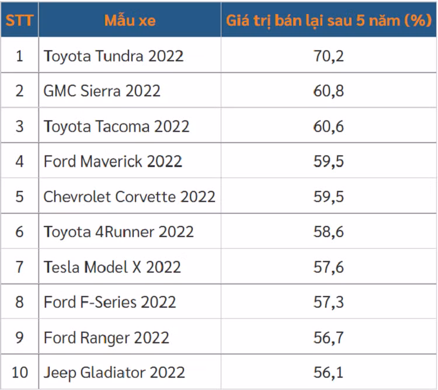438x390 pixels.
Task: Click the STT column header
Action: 19,21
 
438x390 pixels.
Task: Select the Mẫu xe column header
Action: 130,21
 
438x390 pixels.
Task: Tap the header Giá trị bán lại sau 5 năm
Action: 329,21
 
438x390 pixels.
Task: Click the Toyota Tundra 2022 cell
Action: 114,56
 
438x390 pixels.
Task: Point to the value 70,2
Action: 329,56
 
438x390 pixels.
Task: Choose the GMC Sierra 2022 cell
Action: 102,91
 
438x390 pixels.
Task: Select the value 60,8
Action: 329,91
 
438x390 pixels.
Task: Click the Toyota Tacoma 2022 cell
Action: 117,126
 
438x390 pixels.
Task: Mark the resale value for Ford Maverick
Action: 329,161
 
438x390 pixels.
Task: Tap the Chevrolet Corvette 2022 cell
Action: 130,197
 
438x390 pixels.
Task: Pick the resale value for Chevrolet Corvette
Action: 329,197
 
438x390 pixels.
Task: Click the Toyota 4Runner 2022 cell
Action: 119,232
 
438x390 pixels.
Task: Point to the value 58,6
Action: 329,232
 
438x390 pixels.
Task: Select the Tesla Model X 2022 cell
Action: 113,267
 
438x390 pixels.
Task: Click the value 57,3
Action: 329,302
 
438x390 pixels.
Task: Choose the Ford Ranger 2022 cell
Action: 106,337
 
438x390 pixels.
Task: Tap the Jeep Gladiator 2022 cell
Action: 114,372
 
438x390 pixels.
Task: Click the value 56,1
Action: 329,372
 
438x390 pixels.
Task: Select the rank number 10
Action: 19,372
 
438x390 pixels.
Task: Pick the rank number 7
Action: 19,267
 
